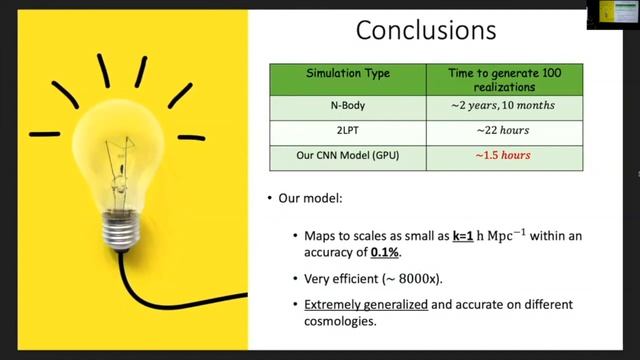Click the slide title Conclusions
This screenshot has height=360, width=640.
(x=426, y=30)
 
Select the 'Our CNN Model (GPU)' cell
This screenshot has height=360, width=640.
(x=347, y=156)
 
